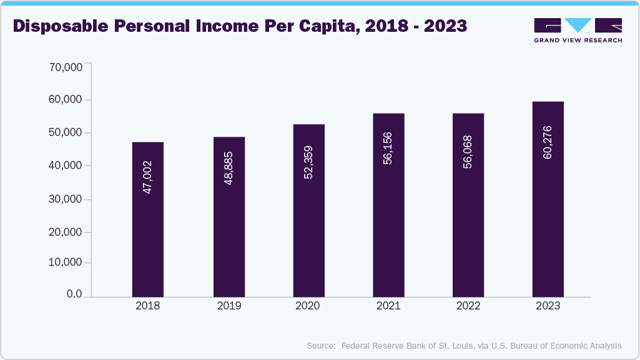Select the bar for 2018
(148, 219)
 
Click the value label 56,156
(388, 148)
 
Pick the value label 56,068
(468, 152)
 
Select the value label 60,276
(548, 142)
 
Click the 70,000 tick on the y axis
(66, 67)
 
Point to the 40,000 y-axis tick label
(66, 166)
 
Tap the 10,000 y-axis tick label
(66, 263)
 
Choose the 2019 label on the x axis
(229, 306)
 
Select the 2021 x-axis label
(388, 306)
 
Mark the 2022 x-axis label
(468, 306)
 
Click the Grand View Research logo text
(578, 41)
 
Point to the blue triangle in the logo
(578, 25)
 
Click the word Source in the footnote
(321, 346)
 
